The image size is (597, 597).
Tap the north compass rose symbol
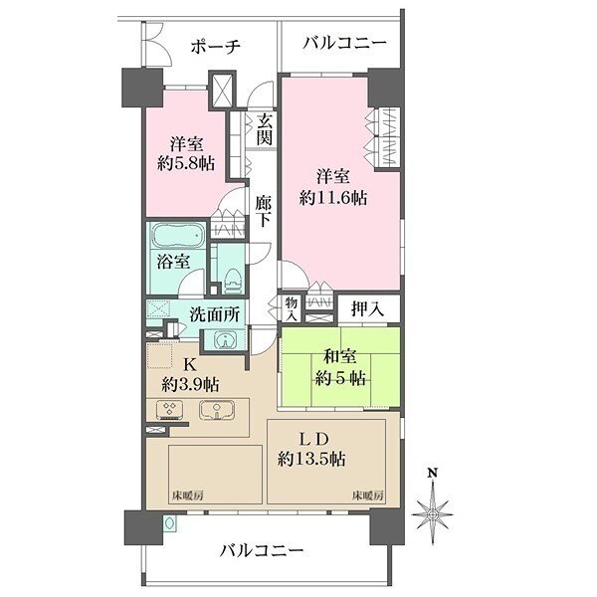coord(431,512)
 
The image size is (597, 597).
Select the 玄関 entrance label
coord(264,129)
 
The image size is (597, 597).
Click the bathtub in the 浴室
coord(177,237)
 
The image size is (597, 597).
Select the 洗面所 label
coord(215,313)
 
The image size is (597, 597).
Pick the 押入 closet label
coord(367,309)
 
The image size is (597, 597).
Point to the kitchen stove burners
coord(168,410)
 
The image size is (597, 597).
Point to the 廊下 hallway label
coord(263,211)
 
